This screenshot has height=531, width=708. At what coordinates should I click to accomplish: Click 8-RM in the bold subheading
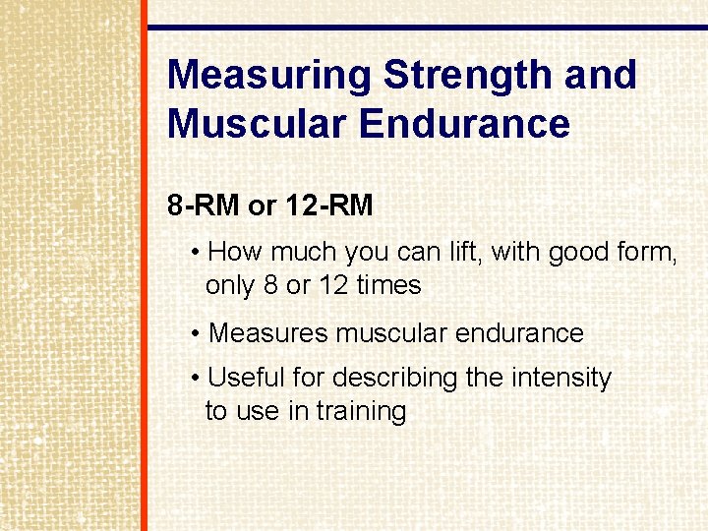tap(204, 206)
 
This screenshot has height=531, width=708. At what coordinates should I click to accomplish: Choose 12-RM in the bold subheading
tap(328, 206)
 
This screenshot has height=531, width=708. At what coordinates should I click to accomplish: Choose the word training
tap(362, 411)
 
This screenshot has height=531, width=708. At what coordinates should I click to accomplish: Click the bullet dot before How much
tap(198, 254)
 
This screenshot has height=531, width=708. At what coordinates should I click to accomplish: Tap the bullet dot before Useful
tap(198, 379)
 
